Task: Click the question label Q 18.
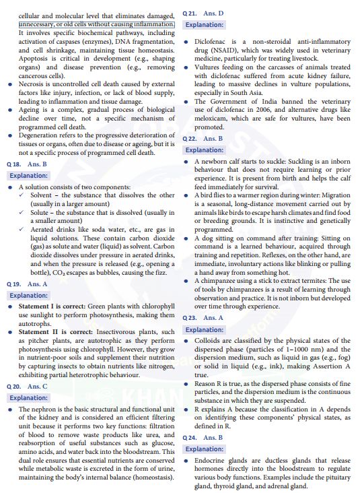click(14, 164)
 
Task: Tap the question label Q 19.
click(14, 284)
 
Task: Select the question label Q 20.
click(14, 387)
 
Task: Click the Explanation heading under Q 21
click(205, 25)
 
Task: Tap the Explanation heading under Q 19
click(28, 295)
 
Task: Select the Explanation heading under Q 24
click(205, 449)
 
